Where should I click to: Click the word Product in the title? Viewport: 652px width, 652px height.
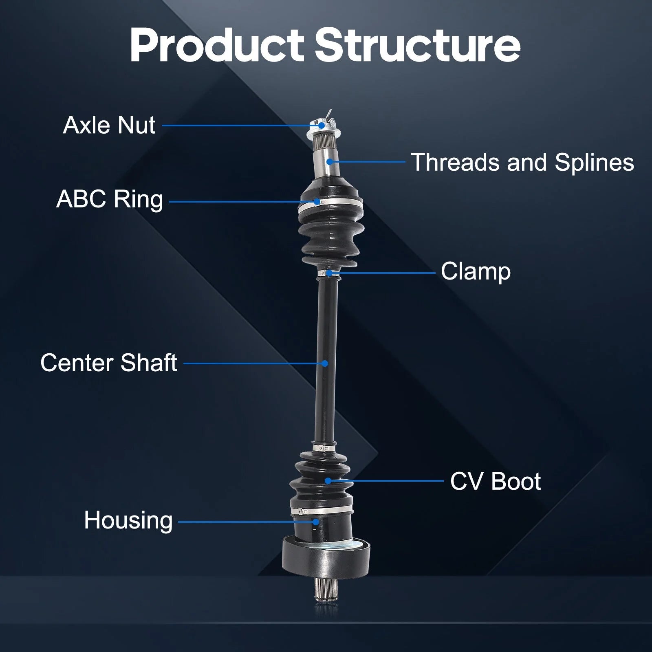click(217, 46)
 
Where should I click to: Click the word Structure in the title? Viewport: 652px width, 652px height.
click(418, 45)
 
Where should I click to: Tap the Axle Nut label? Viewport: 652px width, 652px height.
click(109, 125)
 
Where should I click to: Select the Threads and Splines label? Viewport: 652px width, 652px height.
click(522, 162)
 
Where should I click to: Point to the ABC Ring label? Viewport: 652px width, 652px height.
click(110, 200)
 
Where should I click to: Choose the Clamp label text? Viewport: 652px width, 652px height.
click(476, 272)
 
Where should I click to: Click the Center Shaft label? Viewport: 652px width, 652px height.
click(109, 363)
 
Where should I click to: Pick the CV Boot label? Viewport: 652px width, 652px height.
click(496, 481)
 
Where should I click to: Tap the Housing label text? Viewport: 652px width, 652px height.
click(128, 521)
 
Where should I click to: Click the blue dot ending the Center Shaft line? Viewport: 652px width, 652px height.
click(325, 363)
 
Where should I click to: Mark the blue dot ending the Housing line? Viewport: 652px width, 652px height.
click(316, 522)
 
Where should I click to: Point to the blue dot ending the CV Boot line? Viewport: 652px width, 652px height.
click(328, 481)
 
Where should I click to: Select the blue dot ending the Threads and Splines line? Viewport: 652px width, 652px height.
click(330, 162)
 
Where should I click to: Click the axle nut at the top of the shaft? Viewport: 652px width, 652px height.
click(324, 126)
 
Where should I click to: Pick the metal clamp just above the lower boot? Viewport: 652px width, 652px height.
click(324, 448)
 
